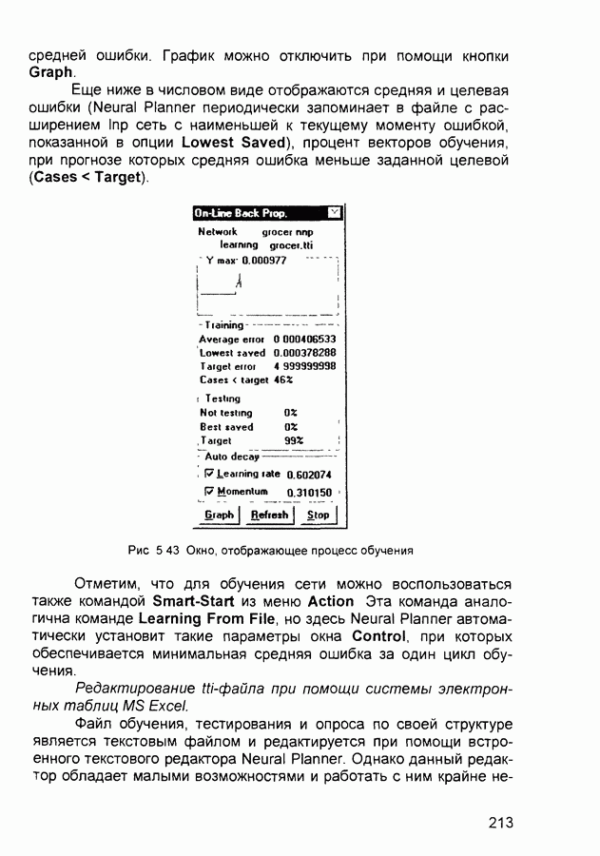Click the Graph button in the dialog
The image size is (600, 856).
click(219, 515)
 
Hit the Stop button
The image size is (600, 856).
click(319, 515)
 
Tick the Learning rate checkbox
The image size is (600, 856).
click(210, 474)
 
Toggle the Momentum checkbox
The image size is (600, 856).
click(210, 492)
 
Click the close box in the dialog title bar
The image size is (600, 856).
click(333, 213)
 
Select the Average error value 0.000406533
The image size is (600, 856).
click(304, 339)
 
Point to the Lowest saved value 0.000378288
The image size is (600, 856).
click(304, 353)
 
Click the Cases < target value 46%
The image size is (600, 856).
click(283, 379)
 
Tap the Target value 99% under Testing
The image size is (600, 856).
click(294, 441)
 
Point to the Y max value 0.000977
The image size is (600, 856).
click(264, 260)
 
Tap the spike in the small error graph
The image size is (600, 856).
click(238, 281)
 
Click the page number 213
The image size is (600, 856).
click(501, 823)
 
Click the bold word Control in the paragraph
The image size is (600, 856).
click(378, 636)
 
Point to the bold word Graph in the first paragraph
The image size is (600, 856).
click(51, 73)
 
